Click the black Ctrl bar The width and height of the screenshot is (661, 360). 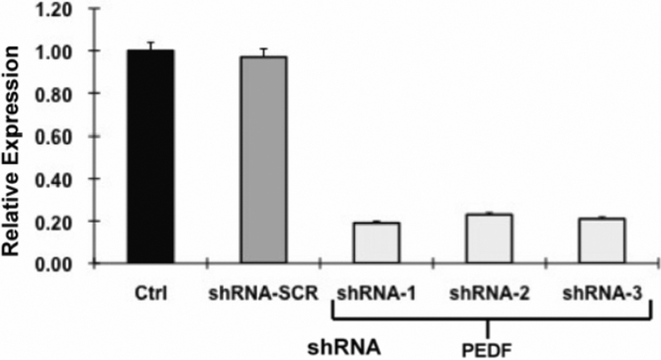tap(150, 157)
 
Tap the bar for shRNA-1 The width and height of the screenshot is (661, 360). tap(377, 243)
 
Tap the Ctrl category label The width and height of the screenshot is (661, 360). tap(151, 292)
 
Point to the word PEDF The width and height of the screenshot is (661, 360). tap(488, 348)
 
